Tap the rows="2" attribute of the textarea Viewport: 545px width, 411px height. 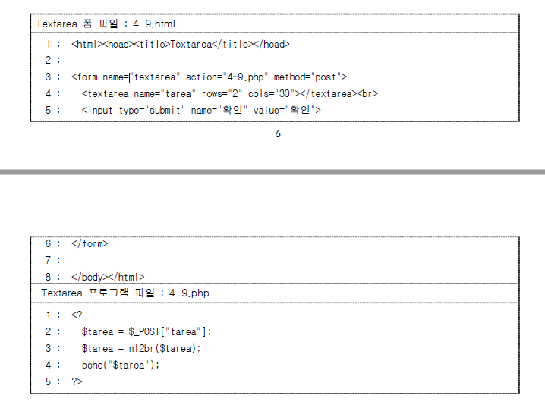click(221, 93)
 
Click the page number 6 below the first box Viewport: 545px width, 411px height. click(277, 134)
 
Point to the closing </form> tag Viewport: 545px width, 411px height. click(90, 244)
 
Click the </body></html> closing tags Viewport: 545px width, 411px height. click(108, 277)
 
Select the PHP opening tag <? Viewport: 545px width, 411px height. click(77, 315)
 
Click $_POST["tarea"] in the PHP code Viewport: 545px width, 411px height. click(165, 331)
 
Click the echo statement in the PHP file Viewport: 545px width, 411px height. click(121, 365)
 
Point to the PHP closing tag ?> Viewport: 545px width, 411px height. click(77, 381)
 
